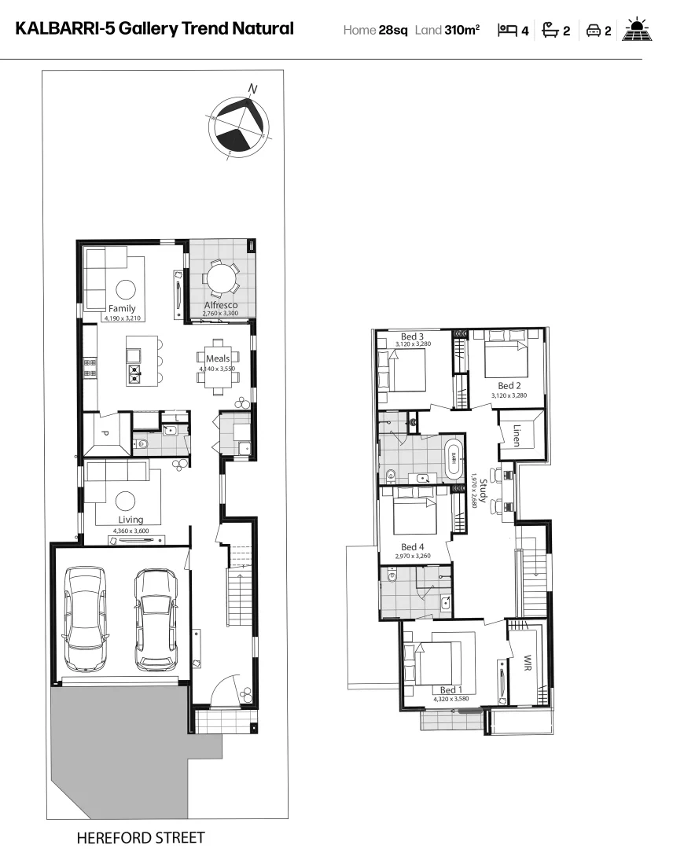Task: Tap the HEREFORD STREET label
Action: coord(140,838)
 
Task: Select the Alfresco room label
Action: coord(221,305)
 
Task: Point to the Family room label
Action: coord(122,308)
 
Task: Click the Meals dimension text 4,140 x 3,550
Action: coord(217,369)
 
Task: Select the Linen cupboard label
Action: coord(516,436)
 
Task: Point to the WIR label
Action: coord(528,659)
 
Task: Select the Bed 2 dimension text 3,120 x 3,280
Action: coord(508,395)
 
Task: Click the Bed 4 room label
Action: coord(412,547)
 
